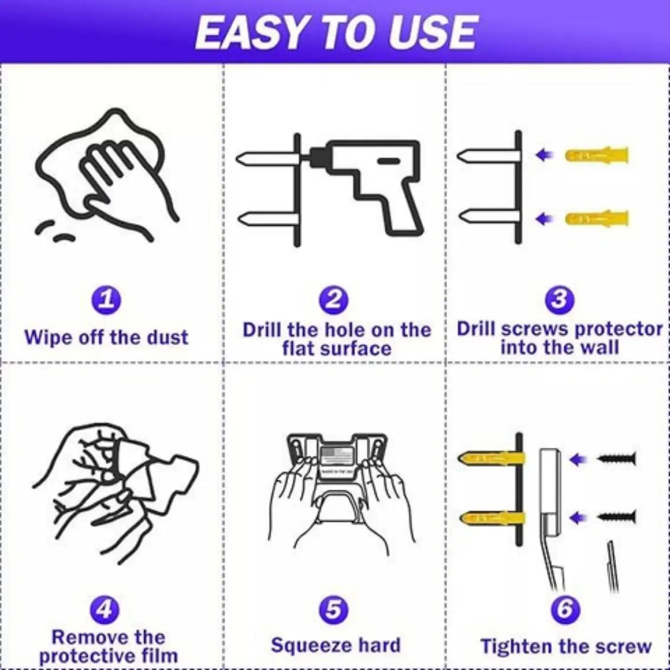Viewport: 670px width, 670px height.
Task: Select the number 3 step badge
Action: (x=560, y=299)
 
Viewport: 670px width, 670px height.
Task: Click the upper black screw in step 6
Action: (x=617, y=459)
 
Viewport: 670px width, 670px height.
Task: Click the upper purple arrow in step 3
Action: (x=544, y=155)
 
